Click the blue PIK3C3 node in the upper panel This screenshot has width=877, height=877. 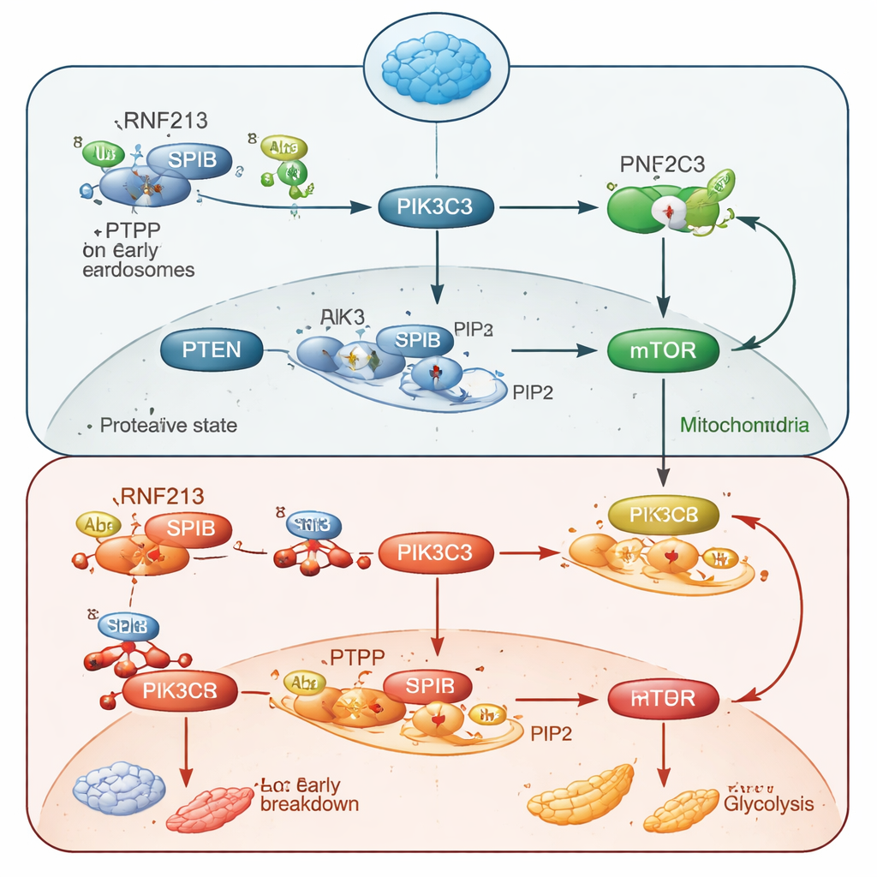pyautogui.click(x=436, y=206)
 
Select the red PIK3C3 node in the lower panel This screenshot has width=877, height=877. pyautogui.click(x=436, y=552)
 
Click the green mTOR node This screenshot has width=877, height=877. pyautogui.click(x=663, y=349)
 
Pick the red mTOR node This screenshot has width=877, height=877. pyautogui.click(x=663, y=699)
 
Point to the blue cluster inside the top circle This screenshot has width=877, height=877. pyautogui.click(x=437, y=65)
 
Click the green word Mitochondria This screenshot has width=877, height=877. pyautogui.click(x=743, y=424)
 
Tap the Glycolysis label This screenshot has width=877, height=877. pyautogui.click(x=767, y=804)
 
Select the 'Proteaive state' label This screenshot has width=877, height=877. pyautogui.click(x=168, y=425)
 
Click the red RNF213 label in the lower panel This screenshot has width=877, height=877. pyautogui.click(x=163, y=495)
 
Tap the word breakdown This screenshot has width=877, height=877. pyautogui.click(x=308, y=804)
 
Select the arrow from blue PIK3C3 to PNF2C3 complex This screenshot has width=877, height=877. pyautogui.click(x=548, y=206)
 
